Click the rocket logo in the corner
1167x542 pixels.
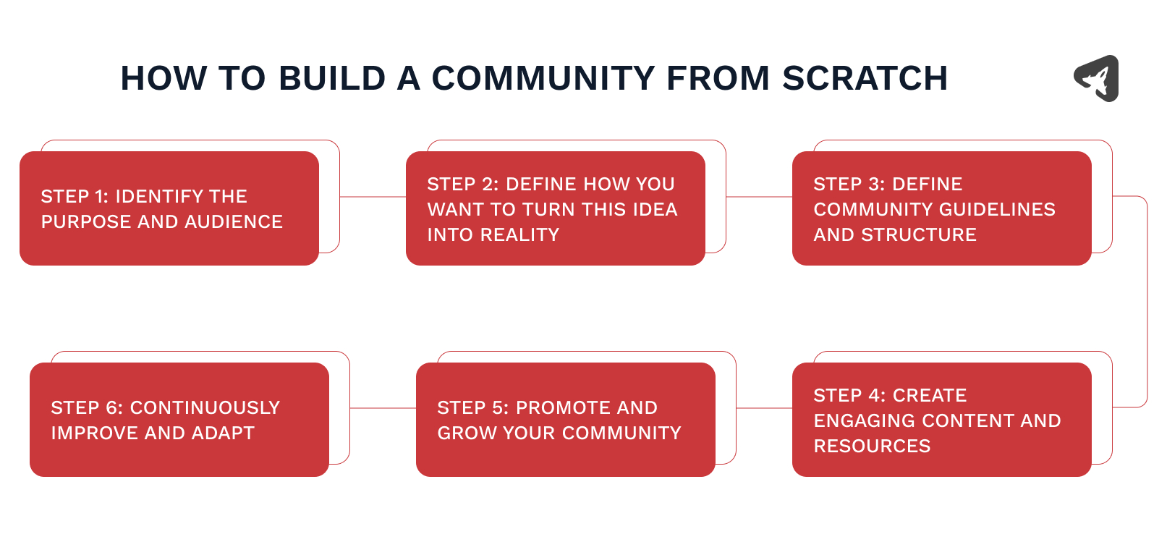pyautogui.click(x=1097, y=78)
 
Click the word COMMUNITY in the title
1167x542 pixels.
pyautogui.click(x=543, y=78)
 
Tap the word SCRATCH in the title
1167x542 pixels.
pyautogui.click(x=865, y=78)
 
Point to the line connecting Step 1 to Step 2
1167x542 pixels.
pyautogui.click(x=373, y=197)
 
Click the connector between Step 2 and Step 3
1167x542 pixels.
pyautogui.click(x=759, y=197)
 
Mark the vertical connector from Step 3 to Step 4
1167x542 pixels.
pyautogui.click(x=1147, y=302)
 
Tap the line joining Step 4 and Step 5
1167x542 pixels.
pyautogui.click(x=764, y=408)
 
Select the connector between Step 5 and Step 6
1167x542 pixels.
pyautogui.click(x=383, y=408)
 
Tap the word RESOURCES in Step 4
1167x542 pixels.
pyautogui.click(x=872, y=446)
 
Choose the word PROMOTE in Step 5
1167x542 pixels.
pyautogui.click(x=551, y=408)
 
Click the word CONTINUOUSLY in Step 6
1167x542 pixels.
pyautogui.click(x=205, y=408)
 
